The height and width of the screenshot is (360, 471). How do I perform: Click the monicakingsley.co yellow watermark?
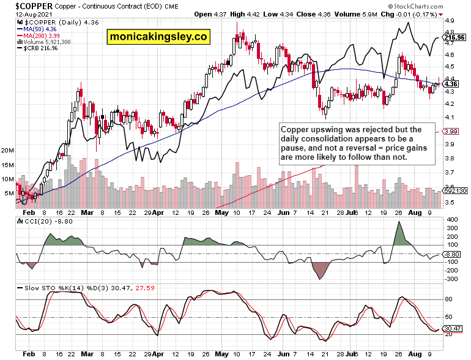pyautogui.click(x=159, y=37)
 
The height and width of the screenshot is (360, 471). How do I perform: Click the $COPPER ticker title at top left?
pyautogui.click(x=25, y=5)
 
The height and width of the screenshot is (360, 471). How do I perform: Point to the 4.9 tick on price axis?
pyautogui.click(x=448, y=20)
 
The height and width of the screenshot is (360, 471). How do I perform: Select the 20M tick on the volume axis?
pyautogui.click(x=8, y=150)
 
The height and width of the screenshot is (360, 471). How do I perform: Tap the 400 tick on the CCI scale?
pyautogui.click(x=451, y=219)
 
